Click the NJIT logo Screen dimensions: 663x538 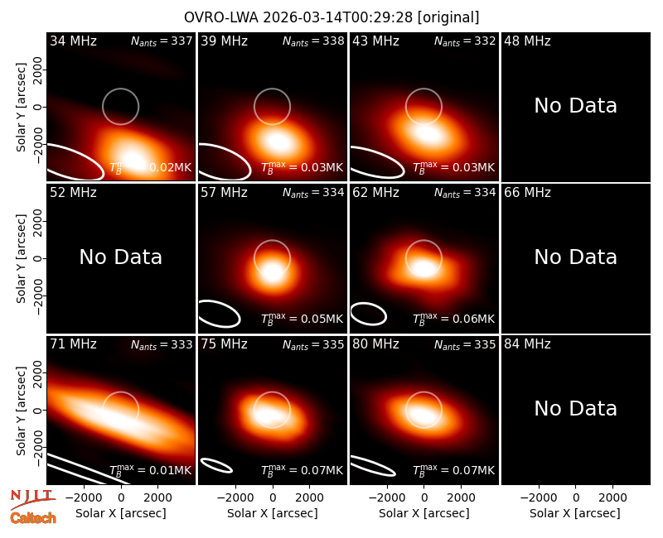point(32,498)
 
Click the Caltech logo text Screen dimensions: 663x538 point(33,518)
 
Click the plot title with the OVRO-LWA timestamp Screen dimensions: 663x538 point(331,17)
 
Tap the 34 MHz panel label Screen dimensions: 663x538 point(73,41)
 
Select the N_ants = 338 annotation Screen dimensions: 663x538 point(313,41)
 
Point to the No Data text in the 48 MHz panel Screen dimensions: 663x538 point(575,106)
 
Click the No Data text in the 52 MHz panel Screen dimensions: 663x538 point(120,257)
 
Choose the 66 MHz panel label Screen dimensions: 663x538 point(527,193)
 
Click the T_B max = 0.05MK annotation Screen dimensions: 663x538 point(302,319)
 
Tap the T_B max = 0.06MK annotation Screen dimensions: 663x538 point(453,319)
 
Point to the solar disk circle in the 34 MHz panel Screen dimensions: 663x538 point(120,89)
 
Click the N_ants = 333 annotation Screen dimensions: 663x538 point(162,344)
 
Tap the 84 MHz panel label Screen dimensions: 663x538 point(527,344)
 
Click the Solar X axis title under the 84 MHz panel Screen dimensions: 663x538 point(575,513)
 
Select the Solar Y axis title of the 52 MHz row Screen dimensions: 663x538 point(21,258)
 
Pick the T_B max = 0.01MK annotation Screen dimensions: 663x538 point(151,470)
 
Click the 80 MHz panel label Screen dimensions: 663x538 point(376,344)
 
